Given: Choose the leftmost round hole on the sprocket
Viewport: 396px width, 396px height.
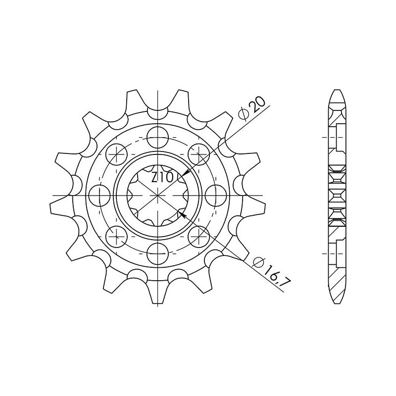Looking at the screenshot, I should (100, 193).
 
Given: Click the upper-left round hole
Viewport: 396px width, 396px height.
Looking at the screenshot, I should (117, 152).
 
